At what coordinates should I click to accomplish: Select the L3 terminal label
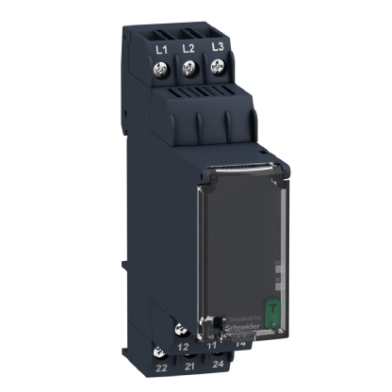pos(218,46)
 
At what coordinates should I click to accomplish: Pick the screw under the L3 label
pos(219,66)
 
